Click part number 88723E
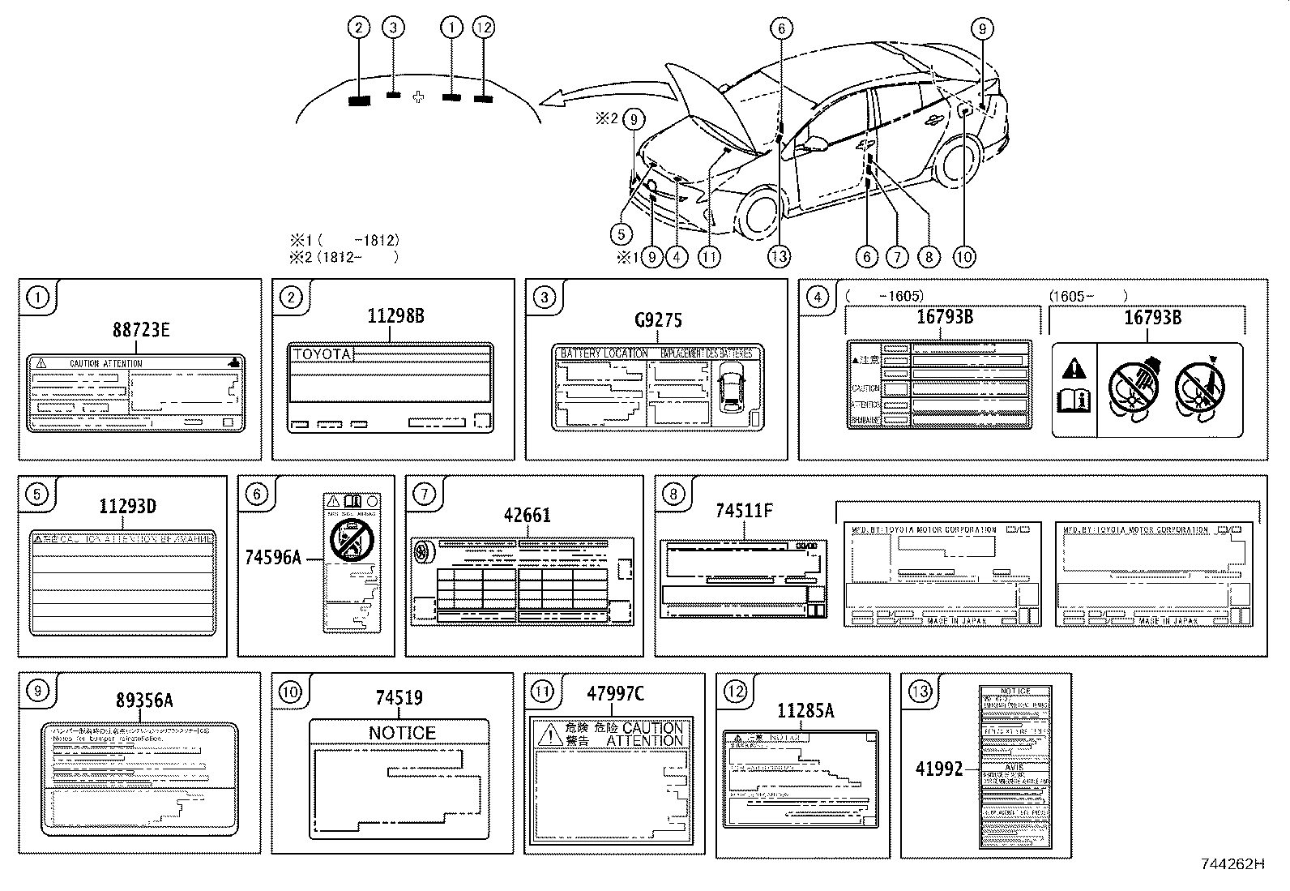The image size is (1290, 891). point(141,330)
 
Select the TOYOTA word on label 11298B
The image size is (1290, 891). point(322,354)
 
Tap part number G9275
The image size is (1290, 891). point(658,320)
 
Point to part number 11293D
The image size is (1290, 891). point(128,507)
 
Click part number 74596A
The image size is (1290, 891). point(273,557)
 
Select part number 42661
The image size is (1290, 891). point(527,516)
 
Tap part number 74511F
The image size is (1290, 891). point(744,511)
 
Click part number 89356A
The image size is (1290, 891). point(143,700)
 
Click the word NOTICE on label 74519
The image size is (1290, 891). point(402,733)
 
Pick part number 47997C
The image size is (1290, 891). point(615,693)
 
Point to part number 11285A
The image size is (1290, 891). point(805,711)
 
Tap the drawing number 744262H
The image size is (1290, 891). point(1232,864)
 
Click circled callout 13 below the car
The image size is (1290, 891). point(779,257)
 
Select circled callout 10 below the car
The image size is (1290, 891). point(963,257)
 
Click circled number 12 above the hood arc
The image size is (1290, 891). point(484,28)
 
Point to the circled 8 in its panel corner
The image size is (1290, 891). point(673,494)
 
